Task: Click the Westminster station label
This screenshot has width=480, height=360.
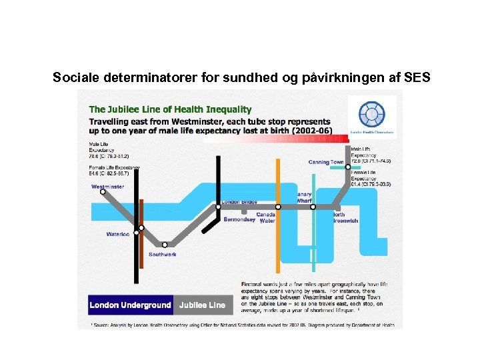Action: point(107,187)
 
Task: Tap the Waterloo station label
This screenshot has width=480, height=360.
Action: point(118,234)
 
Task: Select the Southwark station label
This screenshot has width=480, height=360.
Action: point(163,255)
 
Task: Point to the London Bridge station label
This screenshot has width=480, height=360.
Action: point(239,201)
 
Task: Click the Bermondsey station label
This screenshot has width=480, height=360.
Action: point(239,219)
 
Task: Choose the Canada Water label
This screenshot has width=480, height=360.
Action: point(266,217)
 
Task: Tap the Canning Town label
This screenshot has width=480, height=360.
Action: point(326,162)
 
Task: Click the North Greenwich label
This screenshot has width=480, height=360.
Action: point(345,217)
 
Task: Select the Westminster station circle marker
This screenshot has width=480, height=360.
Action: point(103,192)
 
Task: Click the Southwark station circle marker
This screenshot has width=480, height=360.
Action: point(165,244)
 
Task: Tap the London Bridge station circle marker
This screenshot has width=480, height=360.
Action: point(217,207)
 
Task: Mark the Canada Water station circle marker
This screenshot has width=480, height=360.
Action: point(278,207)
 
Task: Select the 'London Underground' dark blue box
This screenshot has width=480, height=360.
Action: point(131,305)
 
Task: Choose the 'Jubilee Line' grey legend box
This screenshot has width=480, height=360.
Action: point(202,305)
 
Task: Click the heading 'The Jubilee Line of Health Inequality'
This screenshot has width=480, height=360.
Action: point(171,109)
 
